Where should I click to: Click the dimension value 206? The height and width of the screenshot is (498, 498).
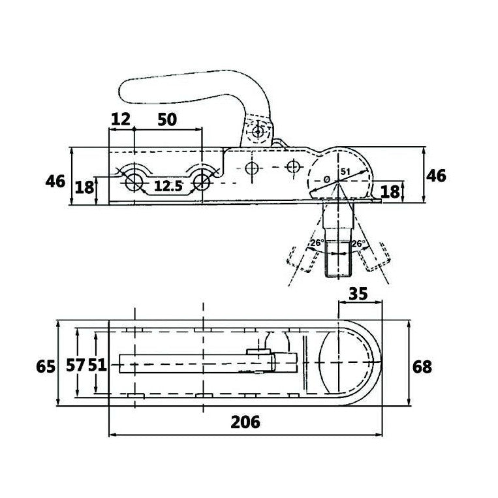245,422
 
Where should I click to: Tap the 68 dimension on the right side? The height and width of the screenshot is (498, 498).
422,366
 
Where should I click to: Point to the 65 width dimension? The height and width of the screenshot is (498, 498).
45,366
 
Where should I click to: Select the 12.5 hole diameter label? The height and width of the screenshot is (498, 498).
168,186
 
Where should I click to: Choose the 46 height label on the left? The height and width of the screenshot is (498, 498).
55,181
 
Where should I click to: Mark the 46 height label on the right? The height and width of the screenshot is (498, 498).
436,175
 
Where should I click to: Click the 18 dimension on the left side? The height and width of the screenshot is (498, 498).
84,188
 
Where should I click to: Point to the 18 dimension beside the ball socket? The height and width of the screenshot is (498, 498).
390,191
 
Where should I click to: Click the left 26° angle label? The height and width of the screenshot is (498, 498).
317,245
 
